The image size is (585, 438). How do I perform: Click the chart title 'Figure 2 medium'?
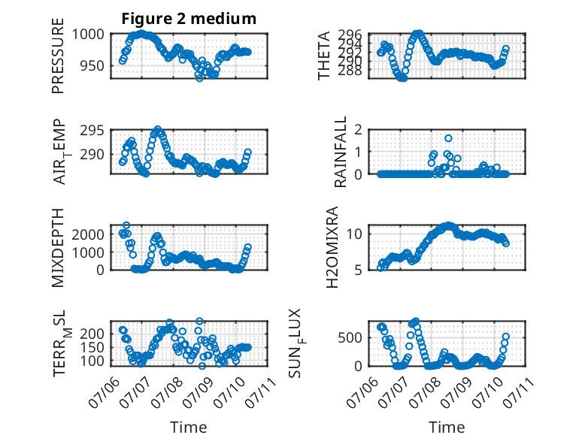(x=189, y=18)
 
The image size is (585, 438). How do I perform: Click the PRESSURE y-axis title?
(x=58, y=56)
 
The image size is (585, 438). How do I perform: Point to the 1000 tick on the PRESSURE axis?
(x=88, y=35)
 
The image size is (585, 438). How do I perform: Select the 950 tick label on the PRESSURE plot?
(x=92, y=65)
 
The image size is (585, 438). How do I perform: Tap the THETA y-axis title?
(x=324, y=56)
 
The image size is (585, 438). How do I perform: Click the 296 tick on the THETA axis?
(x=350, y=35)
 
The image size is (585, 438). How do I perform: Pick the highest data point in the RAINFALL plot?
(x=448, y=138)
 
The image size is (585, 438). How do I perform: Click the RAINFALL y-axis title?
(x=341, y=152)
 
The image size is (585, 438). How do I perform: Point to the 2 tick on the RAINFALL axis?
(x=359, y=130)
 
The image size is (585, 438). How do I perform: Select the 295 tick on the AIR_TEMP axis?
(x=92, y=131)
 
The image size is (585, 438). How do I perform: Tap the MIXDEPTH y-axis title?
(x=58, y=247)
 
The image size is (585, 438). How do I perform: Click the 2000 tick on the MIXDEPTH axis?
(x=88, y=235)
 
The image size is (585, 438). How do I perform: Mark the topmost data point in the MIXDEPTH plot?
(x=126, y=225)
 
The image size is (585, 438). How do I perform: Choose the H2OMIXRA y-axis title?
(x=332, y=247)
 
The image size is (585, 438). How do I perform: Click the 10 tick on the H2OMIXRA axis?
(x=354, y=234)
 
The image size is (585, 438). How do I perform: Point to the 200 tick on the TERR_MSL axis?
(x=92, y=334)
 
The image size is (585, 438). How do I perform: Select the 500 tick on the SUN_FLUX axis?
(x=350, y=338)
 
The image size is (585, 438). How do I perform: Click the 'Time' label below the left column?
(x=189, y=427)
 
